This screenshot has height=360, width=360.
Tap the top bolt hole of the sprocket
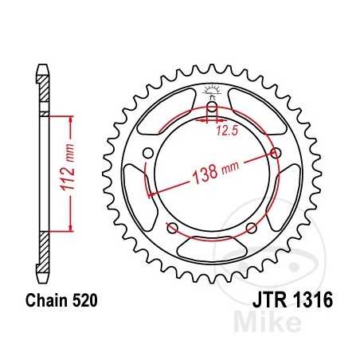[212, 109]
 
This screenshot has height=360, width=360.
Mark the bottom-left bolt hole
[172, 229]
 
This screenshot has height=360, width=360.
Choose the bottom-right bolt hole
[252, 229]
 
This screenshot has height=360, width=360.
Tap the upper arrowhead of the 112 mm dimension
[72, 119]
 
